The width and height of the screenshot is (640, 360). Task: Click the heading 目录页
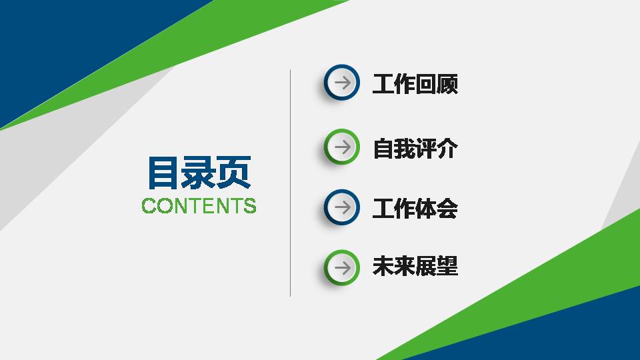(199, 173)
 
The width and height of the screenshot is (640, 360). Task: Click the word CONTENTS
(199, 205)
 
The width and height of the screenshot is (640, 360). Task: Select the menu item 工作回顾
(415, 85)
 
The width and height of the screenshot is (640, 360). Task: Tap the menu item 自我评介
(415, 148)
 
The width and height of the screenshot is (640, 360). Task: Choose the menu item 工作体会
(415, 209)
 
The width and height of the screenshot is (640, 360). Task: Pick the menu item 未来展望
(415, 267)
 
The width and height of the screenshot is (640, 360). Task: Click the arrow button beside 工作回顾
(342, 83)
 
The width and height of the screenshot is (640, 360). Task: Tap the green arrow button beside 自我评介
(342, 146)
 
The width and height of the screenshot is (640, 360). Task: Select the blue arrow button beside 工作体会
(342, 207)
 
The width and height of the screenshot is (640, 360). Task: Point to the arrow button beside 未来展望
(342, 267)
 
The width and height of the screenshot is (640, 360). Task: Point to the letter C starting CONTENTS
(149, 205)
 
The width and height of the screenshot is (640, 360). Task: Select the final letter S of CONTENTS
(249, 205)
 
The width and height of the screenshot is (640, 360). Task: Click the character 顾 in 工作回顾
(447, 85)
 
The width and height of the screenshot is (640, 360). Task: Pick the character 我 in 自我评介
(405, 148)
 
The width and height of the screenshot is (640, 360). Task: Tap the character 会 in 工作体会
(447, 209)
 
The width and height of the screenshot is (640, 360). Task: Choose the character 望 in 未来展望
(447, 267)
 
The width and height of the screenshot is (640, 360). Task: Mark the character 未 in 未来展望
(383, 267)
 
